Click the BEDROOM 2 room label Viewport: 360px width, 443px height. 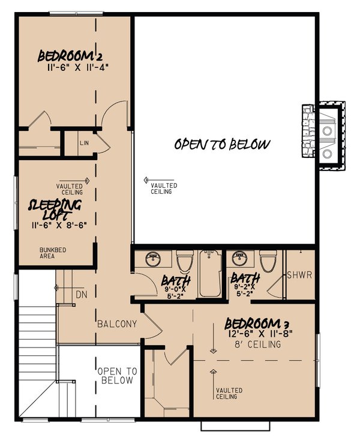point(73,56)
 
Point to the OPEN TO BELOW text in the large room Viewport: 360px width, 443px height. point(222,144)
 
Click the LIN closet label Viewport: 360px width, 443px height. point(85,144)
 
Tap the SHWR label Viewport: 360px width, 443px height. point(300,276)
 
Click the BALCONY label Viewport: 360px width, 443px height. point(118,324)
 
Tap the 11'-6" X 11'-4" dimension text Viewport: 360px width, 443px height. point(77,68)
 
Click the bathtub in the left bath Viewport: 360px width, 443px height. point(211,275)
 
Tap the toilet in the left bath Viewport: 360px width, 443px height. point(184,263)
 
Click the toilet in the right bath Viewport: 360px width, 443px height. point(268,262)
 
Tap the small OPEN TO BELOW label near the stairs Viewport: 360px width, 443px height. point(117,376)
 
